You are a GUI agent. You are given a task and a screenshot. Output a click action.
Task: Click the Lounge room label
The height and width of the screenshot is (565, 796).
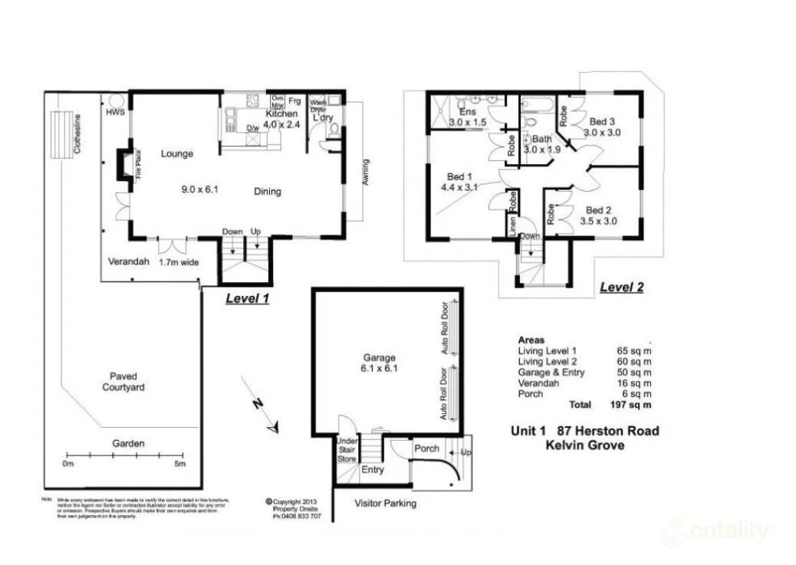177,153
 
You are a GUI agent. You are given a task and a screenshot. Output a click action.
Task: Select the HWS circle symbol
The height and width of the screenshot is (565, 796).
114,103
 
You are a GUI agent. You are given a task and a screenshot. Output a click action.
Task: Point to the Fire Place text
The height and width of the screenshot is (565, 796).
139,163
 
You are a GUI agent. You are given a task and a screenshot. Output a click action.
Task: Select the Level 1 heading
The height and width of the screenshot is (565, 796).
246,299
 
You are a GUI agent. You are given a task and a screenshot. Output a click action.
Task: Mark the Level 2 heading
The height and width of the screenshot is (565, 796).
621,288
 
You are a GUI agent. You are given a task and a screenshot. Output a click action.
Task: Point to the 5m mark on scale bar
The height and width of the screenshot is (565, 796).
179,465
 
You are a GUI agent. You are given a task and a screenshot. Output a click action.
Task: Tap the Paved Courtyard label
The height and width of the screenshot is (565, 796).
123,382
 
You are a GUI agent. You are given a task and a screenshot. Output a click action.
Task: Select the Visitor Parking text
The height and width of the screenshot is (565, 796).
386,504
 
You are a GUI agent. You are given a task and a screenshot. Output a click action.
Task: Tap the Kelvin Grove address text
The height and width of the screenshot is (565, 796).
584,445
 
